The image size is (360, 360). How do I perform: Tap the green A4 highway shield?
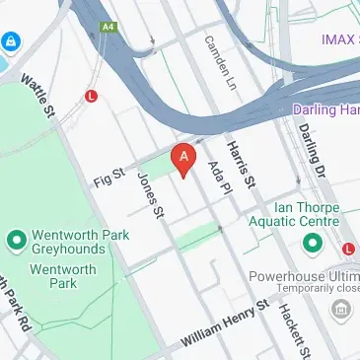click(x=107, y=29)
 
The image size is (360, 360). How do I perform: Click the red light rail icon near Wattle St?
click(x=92, y=97)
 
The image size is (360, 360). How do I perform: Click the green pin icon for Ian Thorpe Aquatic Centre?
click(x=313, y=242)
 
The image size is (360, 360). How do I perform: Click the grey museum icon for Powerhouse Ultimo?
click(x=340, y=312)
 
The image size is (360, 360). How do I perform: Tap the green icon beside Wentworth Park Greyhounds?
click(x=16, y=240)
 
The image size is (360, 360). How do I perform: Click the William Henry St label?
click(x=224, y=324)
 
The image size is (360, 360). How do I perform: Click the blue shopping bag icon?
click(x=11, y=42)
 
